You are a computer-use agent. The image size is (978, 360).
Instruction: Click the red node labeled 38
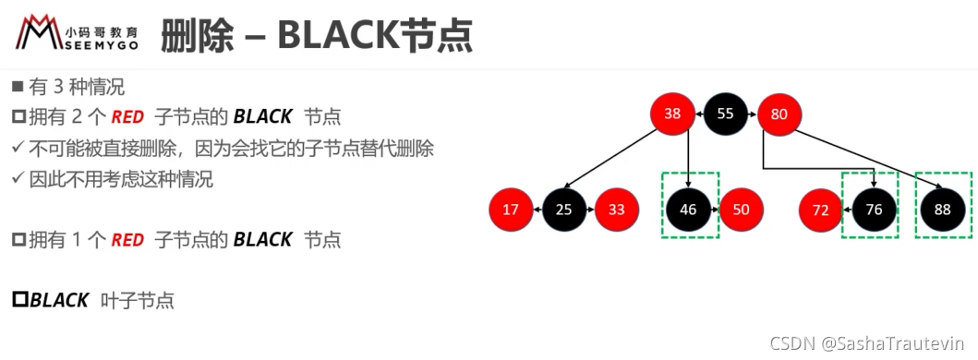pyautogui.click(x=672, y=114)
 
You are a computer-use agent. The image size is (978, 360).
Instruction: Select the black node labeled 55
pyautogui.click(x=725, y=114)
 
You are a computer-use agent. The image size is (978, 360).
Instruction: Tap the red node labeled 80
pyautogui.click(x=779, y=114)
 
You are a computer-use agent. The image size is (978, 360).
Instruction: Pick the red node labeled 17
pyautogui.click(x=511, y=210)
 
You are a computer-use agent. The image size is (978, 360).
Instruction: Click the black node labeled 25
pyautogui.click(x=564, y=210)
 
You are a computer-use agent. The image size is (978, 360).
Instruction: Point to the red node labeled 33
pyautogui.click(x=617, y=210)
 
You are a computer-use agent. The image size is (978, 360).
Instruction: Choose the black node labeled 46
pyautogui.click(x=689, y=210)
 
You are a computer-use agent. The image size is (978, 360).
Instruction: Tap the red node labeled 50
pyautogui.click(x=742, y=210)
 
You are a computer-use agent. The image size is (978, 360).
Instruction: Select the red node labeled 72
pyautogui.click(x=821, y=210)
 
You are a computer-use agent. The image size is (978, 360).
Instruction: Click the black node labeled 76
pyautogui.click(x=875, y=210)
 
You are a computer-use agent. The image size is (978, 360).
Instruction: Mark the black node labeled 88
pyautogui.click(x=943, y=210)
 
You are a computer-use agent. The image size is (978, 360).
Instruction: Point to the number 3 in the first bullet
pyautogui.click(x=58, y=88)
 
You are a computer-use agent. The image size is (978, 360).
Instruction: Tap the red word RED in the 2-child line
pyautogui.click(x=127, y=116)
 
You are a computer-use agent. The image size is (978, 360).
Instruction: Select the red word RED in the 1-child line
pyautogui.click(x=127, y=240)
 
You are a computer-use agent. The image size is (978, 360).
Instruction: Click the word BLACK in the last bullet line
pyautogui.click(x=59, y=300)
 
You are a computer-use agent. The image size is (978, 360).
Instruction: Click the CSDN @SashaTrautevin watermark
pyautogui.click(x=867, y=342)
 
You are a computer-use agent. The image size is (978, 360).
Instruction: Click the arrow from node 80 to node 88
pyautogui.click(x=867, y=158)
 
